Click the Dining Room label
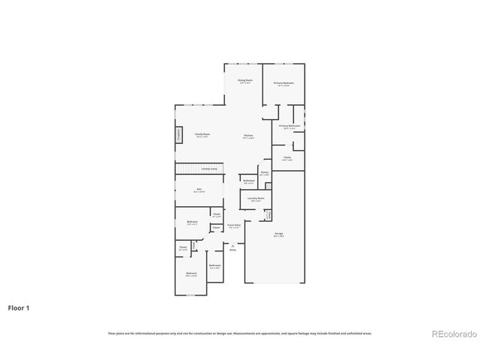click(x=244, y=81)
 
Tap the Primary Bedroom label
click(x=283, y=84)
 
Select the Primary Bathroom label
click(x=289, y=127)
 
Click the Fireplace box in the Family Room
click(x=179, y=135)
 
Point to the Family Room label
click(x=202, y=135)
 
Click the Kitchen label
click(x=248, y=136)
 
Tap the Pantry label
click(x=264, y=172)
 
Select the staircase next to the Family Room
click(x=199, y=169)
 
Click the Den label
click(x=199, y=190)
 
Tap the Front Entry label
click(x=233, y=225)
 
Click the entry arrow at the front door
click(x=232, y=247)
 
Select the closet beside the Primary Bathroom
click(x=287, y=158)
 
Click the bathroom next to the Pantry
click(x=249, y=181)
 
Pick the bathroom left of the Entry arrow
click(x=214, y=266)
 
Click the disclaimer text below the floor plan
click(x=239, y=333)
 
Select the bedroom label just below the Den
click(x=192, y=223)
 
